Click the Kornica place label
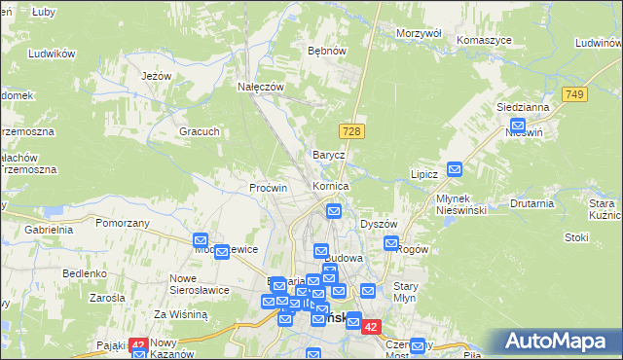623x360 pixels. (330, 185)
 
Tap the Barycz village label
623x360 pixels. (329, 155)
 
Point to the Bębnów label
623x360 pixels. (327, 50)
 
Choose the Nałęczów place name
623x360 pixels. (261, 87)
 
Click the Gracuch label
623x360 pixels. (199, 131)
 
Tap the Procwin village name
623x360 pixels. (269, 188)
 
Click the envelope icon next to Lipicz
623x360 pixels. (455, 169)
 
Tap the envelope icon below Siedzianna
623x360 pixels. (518, 126)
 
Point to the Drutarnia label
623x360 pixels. (531, 203)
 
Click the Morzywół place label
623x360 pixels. (420, 33)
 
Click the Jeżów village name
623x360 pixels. (156, 76)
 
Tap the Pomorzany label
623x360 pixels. (123, 223)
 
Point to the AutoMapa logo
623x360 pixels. (555, 341)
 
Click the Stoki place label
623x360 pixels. (576, 236)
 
